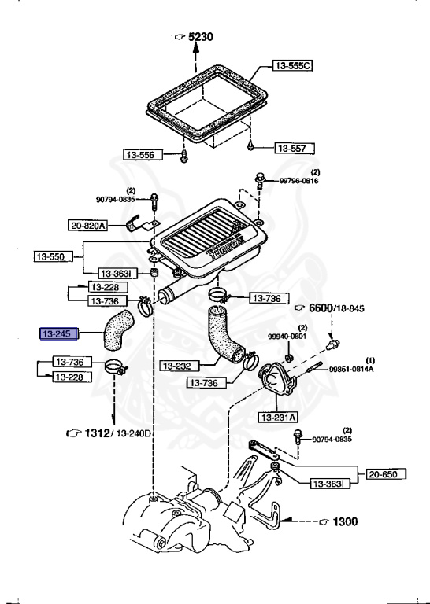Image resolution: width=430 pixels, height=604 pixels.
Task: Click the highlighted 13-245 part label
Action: (59, 333)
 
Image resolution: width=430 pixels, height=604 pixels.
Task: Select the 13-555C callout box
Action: (292, 65)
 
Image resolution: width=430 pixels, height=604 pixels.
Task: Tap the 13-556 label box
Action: (143, 155)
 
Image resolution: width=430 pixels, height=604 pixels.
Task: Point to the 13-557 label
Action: (295, 149)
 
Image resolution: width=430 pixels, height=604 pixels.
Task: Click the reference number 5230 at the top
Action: (201, 37)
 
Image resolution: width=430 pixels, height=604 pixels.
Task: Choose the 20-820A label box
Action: (87, 226)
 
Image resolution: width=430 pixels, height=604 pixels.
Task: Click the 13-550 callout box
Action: (54, 256)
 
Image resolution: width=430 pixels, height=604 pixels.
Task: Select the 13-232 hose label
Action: (180, 366)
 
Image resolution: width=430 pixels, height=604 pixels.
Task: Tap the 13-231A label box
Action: (278, 417)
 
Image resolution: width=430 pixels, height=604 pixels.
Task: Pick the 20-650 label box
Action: (386, 473)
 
